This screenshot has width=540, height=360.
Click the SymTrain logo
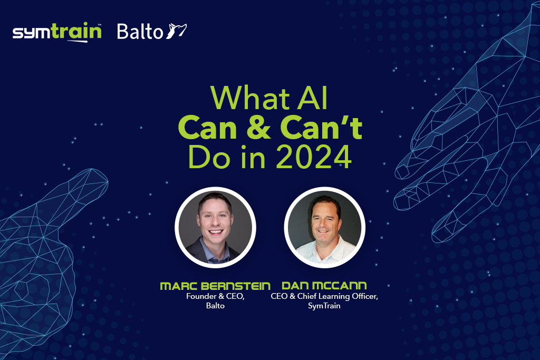[57, 32]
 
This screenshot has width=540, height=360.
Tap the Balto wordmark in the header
[140, 32]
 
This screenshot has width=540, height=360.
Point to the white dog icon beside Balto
[176, 31]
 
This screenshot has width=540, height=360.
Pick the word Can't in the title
[321, 128]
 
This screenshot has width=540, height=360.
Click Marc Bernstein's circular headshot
[215, 227]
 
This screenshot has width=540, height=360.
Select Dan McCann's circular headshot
[324, 227]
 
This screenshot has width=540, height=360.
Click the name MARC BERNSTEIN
[215, 286]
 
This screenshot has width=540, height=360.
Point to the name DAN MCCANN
[324, 286]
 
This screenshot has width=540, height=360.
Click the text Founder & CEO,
[215, 296]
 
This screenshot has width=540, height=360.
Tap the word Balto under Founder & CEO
[215, 306]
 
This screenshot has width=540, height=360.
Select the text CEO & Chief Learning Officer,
[324, 296]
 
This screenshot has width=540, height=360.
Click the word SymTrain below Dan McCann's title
[324, 306]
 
